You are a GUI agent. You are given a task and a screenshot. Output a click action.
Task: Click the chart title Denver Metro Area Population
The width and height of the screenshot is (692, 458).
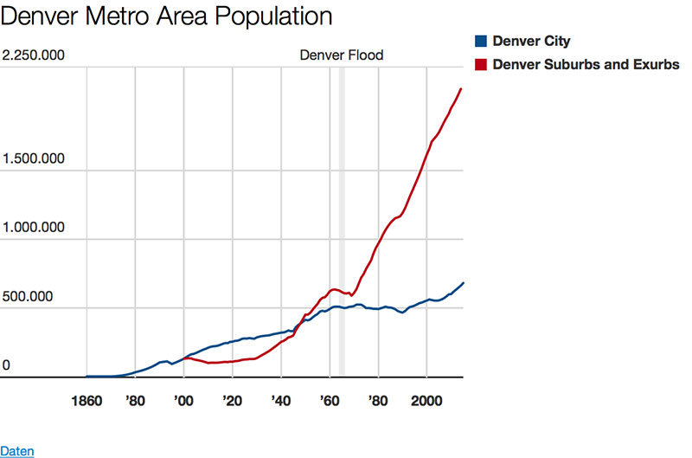[168, 16]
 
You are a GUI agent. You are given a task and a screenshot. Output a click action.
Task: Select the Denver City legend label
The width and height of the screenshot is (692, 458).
[531, 41]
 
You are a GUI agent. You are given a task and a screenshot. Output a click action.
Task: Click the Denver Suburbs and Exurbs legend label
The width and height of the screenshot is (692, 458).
[586, 65]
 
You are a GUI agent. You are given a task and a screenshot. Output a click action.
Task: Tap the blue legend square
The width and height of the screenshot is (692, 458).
[481, 41]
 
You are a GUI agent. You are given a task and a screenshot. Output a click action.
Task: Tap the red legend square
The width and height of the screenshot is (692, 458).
[481, 65]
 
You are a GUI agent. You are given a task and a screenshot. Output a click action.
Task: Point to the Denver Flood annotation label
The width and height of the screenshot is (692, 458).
[341, 55]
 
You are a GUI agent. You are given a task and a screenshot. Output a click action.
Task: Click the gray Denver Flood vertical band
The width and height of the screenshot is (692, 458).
[342, 216]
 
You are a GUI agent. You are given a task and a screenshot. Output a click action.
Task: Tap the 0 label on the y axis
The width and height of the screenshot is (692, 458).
[6, 365]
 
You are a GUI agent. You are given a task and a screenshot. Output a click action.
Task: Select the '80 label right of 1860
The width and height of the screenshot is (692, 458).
[135, 402]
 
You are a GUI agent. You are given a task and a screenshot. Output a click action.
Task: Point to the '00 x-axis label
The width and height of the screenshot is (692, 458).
[183, 402]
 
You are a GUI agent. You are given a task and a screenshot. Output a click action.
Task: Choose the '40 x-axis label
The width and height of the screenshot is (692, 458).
[280, 402]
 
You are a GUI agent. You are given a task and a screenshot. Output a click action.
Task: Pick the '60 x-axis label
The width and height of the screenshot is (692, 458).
[329, 402]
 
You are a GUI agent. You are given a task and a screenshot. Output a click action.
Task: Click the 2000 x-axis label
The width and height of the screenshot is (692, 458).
[426, 402]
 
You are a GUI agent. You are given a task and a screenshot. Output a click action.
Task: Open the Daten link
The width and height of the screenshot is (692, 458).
[16, 450]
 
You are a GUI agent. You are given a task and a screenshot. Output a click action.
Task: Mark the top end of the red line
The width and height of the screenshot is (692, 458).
[461, 89]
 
